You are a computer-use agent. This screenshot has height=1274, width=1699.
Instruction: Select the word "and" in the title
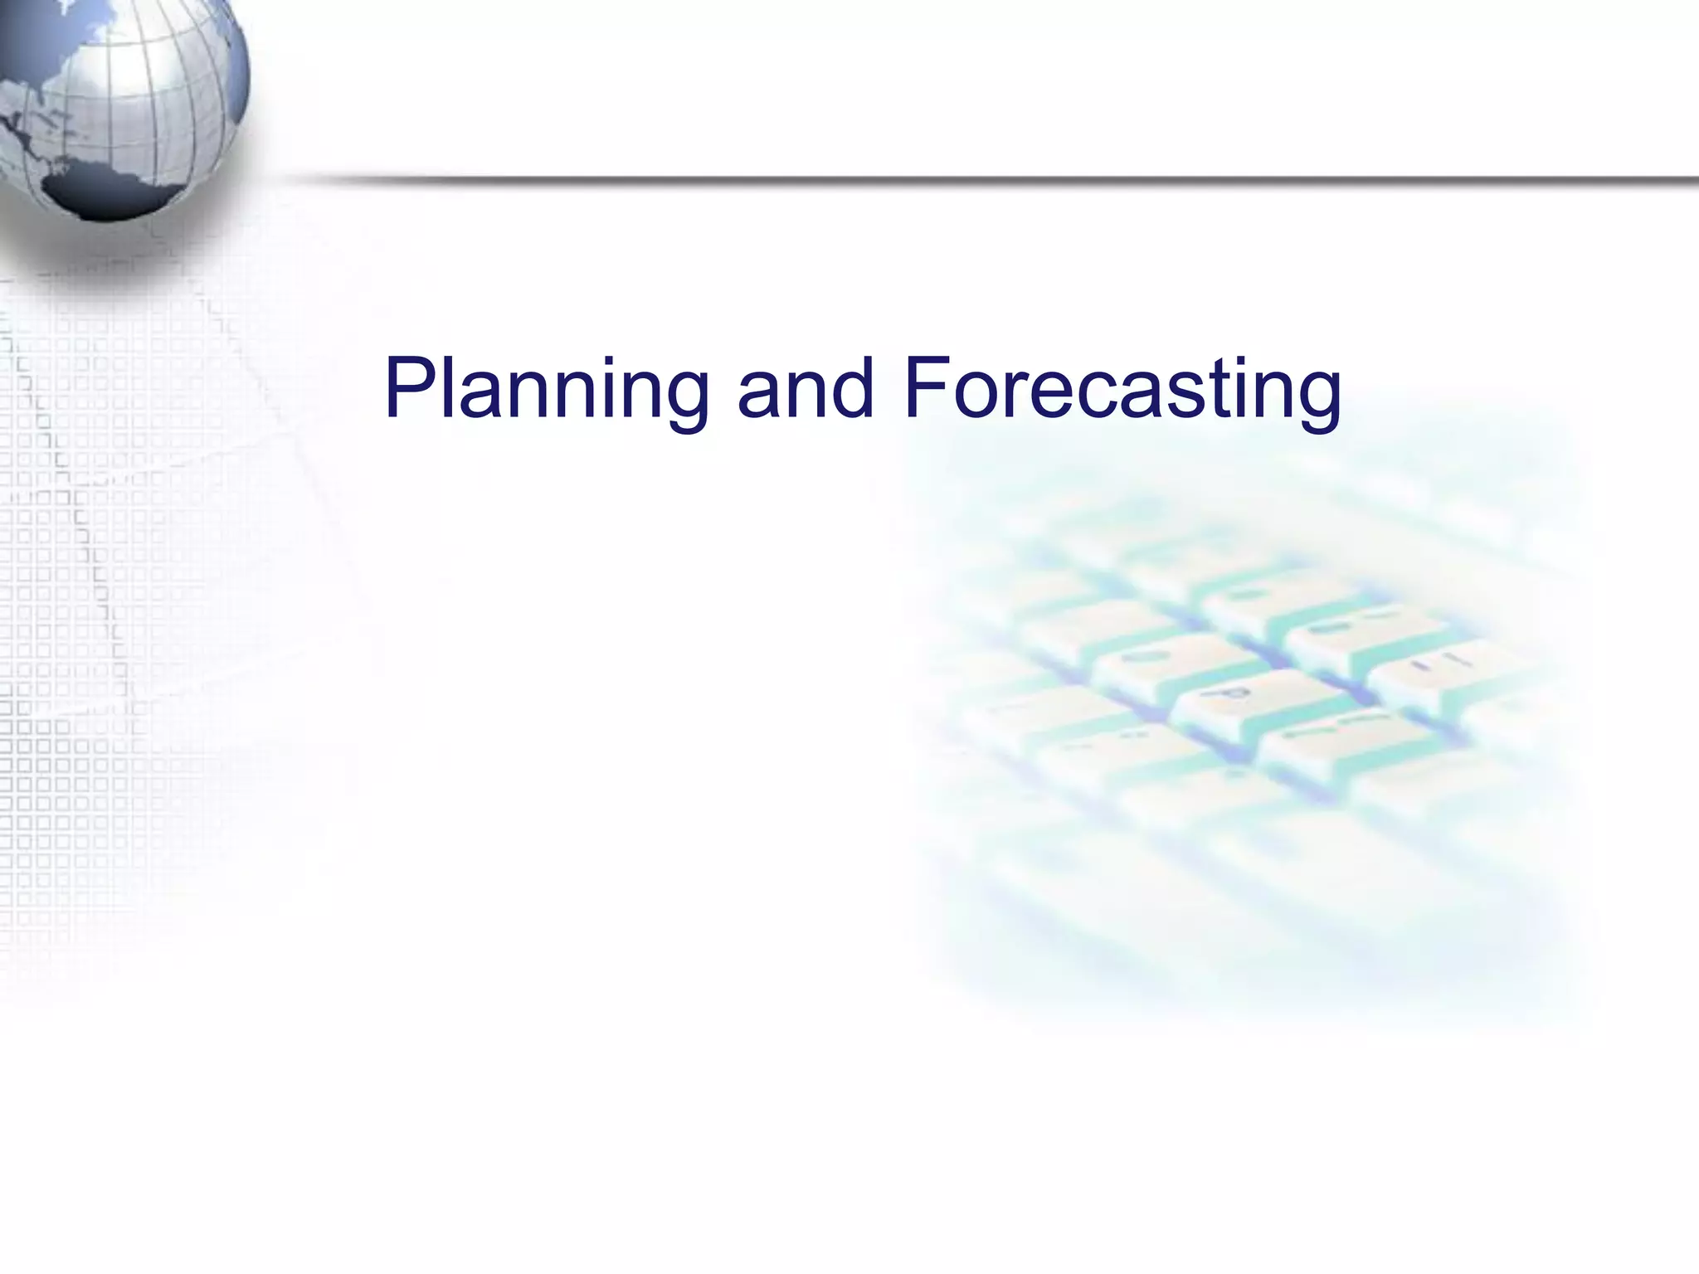(x=806, y=388)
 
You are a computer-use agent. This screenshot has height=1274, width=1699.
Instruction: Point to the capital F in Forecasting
(x=925, y=387)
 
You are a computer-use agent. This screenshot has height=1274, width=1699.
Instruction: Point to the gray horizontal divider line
(x=996, y=180)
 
